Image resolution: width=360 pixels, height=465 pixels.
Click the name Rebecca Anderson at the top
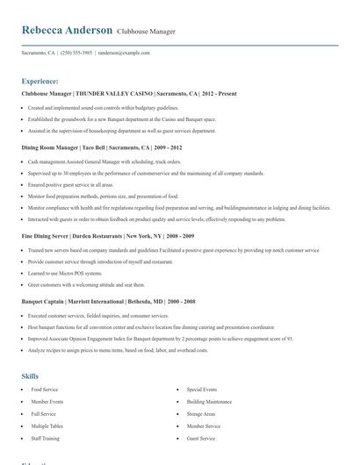67,30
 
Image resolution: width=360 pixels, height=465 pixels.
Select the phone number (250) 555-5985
76,53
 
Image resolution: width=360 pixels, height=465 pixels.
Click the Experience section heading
40,80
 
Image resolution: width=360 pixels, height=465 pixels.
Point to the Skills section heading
30,376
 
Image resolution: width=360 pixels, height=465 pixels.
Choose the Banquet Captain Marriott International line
109,300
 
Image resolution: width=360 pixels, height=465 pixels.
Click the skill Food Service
44,389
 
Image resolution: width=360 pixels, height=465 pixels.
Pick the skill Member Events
47,401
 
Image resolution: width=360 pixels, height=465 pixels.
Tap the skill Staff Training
46,438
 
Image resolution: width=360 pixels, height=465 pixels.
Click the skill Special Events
201,389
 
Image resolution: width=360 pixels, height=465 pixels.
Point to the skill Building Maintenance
208,401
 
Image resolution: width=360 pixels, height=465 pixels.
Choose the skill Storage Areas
200,413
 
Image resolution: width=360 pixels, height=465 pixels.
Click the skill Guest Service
200,438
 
